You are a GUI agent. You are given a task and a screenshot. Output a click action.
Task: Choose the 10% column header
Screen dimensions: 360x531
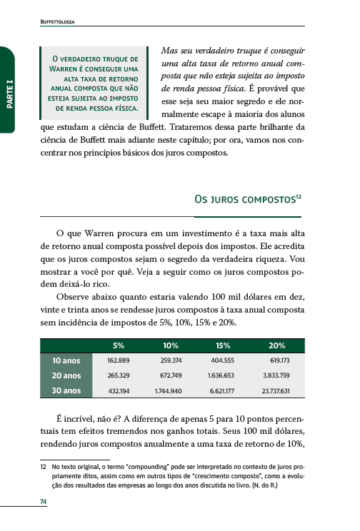171,345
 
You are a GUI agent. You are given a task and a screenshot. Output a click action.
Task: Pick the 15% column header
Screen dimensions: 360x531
223,345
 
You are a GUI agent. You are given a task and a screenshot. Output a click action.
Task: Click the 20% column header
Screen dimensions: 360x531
277,345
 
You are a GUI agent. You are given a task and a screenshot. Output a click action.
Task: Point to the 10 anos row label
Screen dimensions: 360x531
66,360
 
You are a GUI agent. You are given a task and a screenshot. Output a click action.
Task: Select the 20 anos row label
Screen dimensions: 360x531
66,375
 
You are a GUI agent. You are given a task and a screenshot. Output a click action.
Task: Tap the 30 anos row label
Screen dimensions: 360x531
66,390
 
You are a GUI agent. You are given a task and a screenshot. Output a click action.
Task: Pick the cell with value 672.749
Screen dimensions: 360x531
170,376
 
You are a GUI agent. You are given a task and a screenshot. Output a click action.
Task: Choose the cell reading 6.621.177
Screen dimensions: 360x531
222,391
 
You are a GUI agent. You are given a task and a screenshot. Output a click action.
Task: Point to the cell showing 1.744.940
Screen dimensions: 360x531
168,391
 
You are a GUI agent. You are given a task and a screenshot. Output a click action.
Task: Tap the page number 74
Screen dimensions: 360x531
44,502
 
